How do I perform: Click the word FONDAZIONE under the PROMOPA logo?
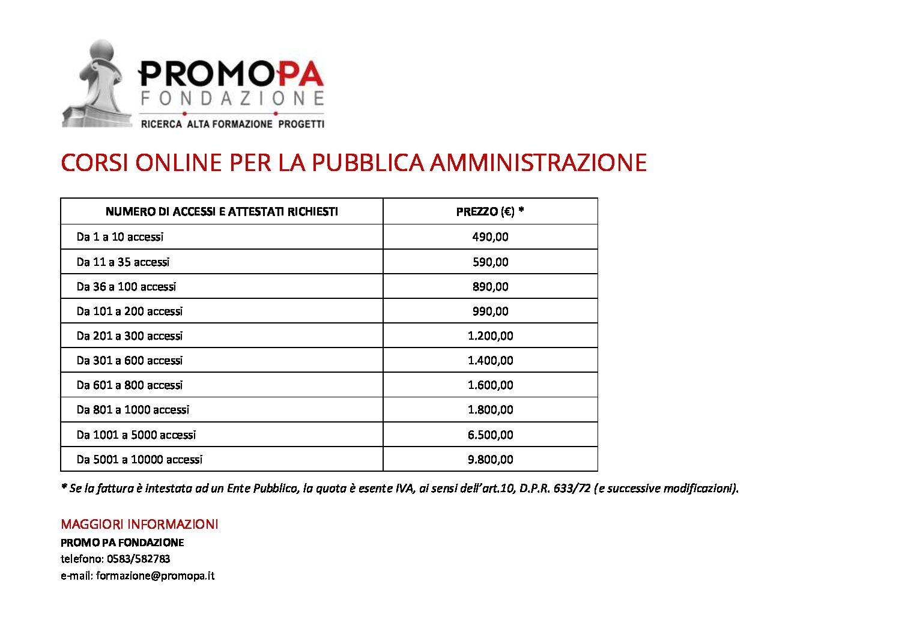232,98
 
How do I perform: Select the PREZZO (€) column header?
490,211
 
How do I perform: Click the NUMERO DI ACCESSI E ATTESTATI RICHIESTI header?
222,211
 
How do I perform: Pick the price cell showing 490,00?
490,236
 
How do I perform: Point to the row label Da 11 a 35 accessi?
123,262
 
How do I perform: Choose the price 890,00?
490,286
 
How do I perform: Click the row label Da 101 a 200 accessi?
130,311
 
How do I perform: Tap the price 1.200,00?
490,336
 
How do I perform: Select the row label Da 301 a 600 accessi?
130,360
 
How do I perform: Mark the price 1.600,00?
490,385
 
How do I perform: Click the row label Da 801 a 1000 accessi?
133,409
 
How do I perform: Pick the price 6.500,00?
490,435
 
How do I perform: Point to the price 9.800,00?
490,459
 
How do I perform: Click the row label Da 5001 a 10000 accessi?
139,459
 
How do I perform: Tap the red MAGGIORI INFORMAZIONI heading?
139,524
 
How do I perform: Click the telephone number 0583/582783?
139,559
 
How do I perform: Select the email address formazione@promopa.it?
155,576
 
